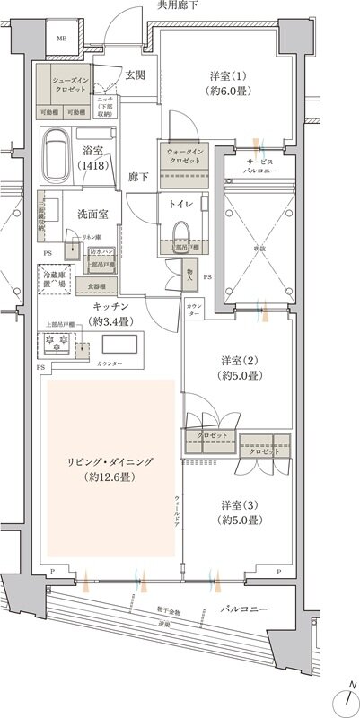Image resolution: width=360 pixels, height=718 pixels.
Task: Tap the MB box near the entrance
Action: pyautogui.click(x=61, y=39)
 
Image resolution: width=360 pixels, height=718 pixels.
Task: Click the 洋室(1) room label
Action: pyautogui.click(x=227, y=83)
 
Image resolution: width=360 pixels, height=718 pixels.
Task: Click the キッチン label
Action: pyautogui.click(x=112, y=314)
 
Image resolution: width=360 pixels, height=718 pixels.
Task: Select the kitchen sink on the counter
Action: pyautogui.click(x=119, y=345)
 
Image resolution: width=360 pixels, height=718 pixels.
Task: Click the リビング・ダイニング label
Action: pyautogui.click(x=110, y=468)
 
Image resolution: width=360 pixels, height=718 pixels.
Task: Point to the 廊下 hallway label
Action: pyautogui.click(x=137, y=177)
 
